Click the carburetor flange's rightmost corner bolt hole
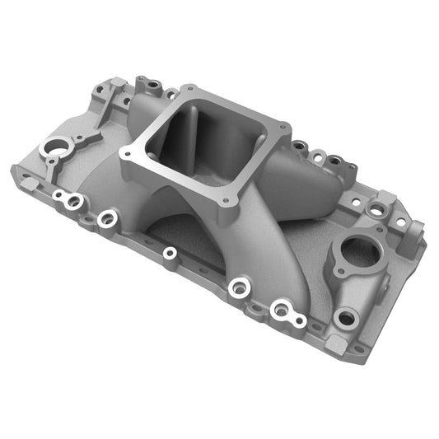pyautogui.click(x=285, y=128)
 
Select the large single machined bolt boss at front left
pyautogui.click(x=107, y=219)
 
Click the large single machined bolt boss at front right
pyautogui.click(x=240, y=287)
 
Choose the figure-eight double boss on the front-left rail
pyautogui.click(x=68, y=198)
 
